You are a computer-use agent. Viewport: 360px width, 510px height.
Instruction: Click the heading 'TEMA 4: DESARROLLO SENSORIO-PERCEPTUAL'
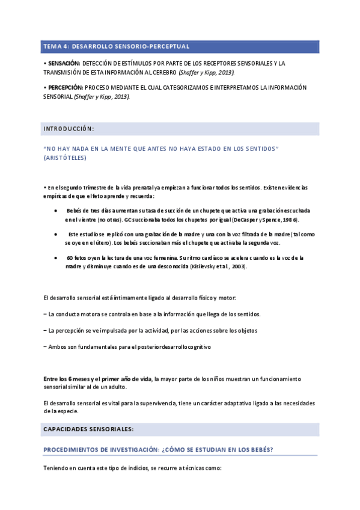tap(116, 46)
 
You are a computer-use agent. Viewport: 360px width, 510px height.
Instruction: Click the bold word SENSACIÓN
tap(63, 63)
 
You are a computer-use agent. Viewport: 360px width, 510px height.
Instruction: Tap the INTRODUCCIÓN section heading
tap(69, 129)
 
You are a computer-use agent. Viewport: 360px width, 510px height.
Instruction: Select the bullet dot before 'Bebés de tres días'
tap(55, 212)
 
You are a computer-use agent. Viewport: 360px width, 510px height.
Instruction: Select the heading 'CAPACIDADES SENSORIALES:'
tap(88, 429)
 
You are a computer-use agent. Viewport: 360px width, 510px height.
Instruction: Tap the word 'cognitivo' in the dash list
tap(199, 347)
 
